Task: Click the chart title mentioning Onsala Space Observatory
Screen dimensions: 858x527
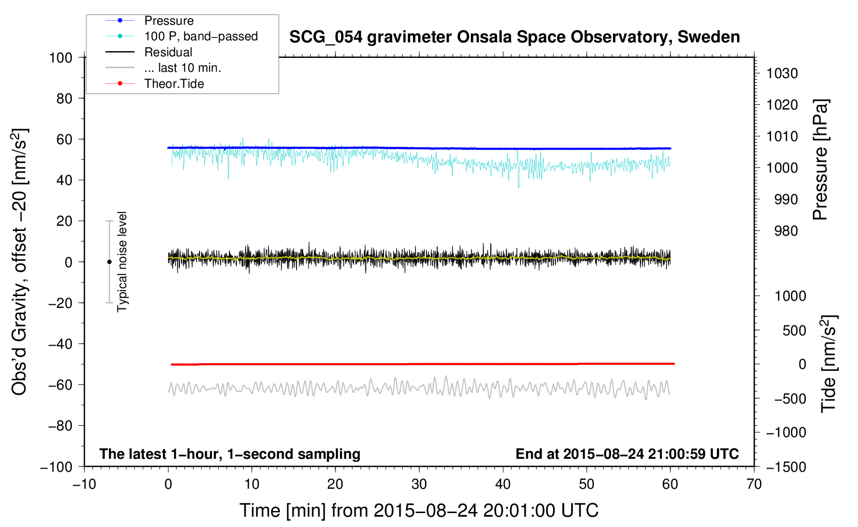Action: [514, 37]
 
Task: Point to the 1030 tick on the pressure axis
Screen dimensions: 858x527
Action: [782, 73]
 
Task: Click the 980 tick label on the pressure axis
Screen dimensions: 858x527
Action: [786, 231]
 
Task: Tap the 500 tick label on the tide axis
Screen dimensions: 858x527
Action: [794, 330]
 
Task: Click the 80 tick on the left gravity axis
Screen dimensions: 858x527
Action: [64, 99]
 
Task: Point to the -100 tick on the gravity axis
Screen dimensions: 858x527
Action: [56, 467]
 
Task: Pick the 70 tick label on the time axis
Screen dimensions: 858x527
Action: [754, 484]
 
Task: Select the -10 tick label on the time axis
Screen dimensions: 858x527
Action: [84, 484]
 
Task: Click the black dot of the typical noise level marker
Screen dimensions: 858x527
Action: [109, 262]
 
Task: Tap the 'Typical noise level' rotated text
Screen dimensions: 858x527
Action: [122, 261]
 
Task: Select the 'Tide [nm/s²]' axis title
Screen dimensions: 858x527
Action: [829, 364]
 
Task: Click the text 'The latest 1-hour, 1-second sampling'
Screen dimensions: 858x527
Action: [230, 454]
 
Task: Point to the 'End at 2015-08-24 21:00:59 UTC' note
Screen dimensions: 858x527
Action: [627, 454]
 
